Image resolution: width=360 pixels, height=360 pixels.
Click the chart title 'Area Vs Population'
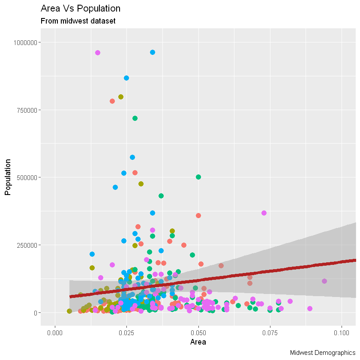coord(80,9)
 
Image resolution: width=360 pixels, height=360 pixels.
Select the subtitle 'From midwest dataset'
coord(78,21)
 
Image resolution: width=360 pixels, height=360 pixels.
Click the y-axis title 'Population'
coord(7,177)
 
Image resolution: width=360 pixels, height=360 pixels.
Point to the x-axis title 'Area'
coord(198,342)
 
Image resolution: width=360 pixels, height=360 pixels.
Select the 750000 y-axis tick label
coord(26,110)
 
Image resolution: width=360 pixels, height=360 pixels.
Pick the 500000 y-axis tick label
coord(26,177)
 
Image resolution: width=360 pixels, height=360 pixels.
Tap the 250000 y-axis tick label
coord(26,245)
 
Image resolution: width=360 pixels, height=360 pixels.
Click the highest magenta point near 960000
coord(98,53)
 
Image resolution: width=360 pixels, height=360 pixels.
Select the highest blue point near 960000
coord(153,52)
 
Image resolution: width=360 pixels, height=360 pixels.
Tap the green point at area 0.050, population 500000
coord(198,177)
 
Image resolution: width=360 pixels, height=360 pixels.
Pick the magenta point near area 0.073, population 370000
coord(264,213)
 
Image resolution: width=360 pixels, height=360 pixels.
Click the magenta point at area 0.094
coord(324,281)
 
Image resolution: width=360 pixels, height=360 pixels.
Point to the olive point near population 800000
coord(121,97)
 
